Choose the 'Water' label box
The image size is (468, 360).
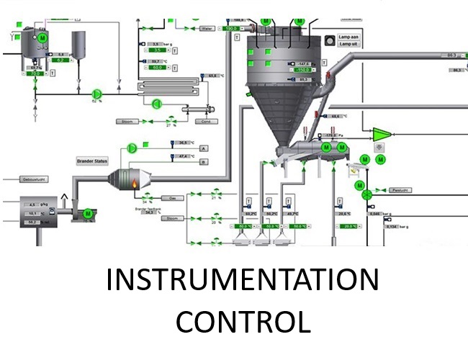click(208, 29)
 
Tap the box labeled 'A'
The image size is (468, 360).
click(203, 148)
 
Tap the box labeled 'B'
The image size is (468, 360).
click(203, 162)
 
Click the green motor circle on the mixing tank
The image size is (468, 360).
click(41, 37)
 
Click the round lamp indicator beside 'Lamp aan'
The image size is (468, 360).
click(330, 40)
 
